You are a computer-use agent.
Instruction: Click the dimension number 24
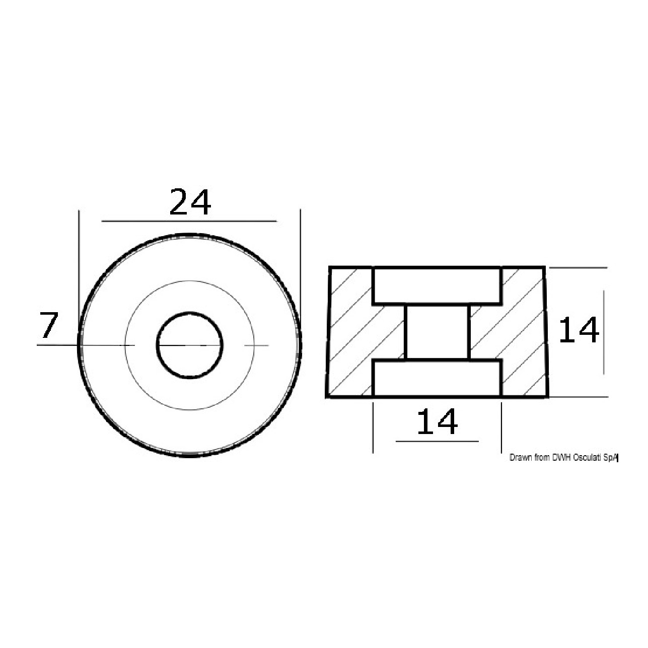point(190,202)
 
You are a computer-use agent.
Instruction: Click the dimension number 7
point(49,325)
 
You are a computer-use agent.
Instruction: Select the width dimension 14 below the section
point(437,421)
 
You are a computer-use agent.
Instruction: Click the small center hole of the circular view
point(190,345)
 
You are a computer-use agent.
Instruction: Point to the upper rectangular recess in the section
point(437,286)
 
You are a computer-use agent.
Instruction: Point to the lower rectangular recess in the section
point(437,378)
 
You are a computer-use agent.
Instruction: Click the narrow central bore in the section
point(437,332)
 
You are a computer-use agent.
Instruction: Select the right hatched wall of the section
point(523,332)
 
